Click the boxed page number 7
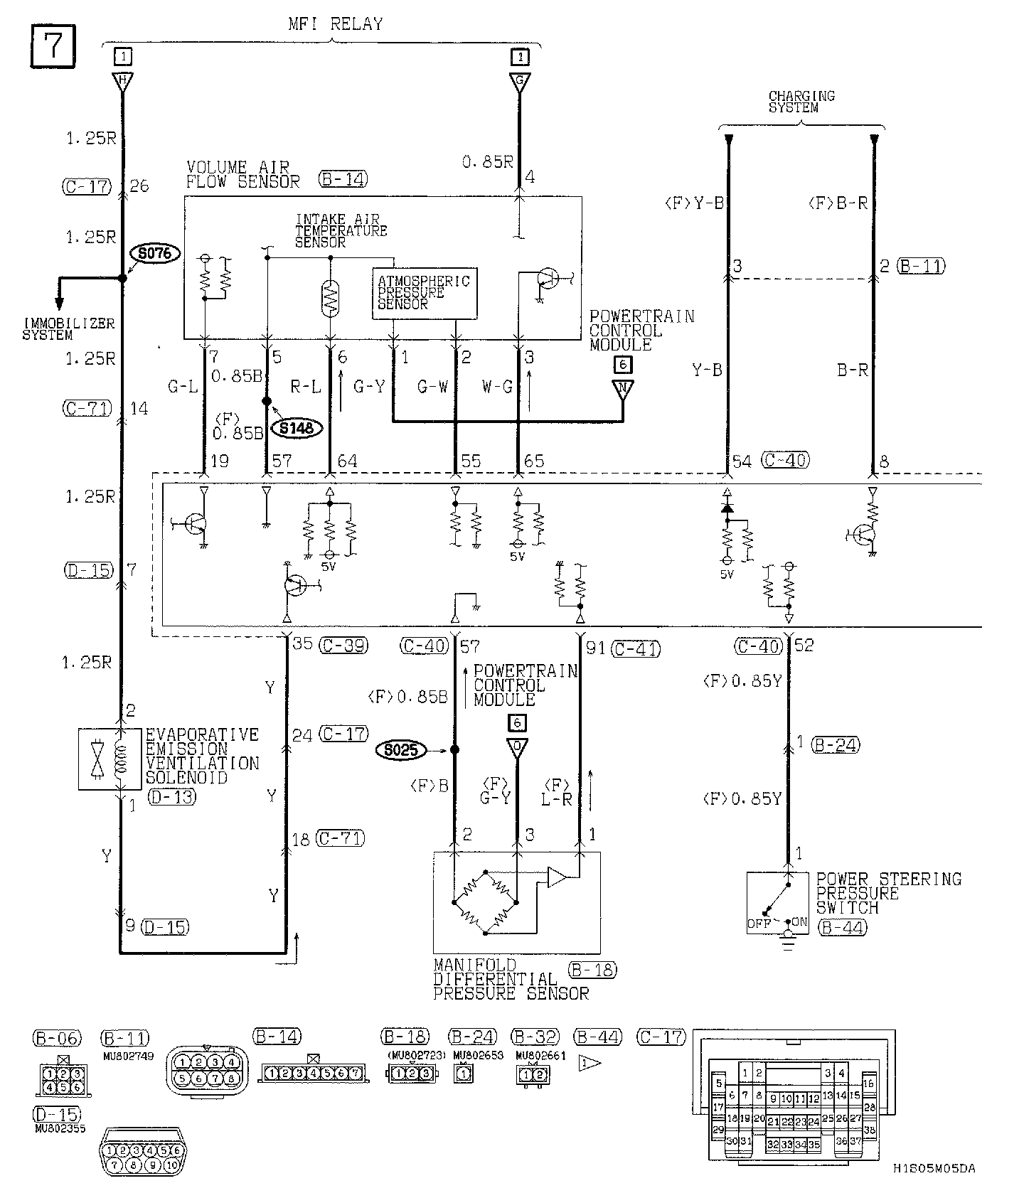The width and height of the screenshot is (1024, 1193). click(x=53, y=48)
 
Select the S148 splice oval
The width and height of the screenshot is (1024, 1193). click(x=297, y=428)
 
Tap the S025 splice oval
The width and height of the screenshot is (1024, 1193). click(x=402, y=750)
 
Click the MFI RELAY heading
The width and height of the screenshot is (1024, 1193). click(x=335, y=23)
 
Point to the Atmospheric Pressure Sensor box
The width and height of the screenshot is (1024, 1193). click(x=425, y=293)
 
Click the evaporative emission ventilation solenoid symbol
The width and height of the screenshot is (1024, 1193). click(x=100, y=759)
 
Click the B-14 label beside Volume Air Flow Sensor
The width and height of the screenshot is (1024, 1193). click(x=343, y=178)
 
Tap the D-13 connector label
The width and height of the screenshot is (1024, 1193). click(x=172, y=797)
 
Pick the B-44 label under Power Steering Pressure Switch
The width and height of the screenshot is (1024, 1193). click(x=841, y=927)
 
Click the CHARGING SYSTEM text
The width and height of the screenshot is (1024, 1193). click(x=801, y=101)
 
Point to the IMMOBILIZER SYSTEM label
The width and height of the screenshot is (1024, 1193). click(x=68, y=329)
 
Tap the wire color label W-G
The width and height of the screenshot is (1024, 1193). click(x=497, y=387)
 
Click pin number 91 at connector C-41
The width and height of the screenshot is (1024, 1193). click(x=595, y=648)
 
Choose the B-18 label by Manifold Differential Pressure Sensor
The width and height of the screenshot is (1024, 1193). click(x=592, y=970)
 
